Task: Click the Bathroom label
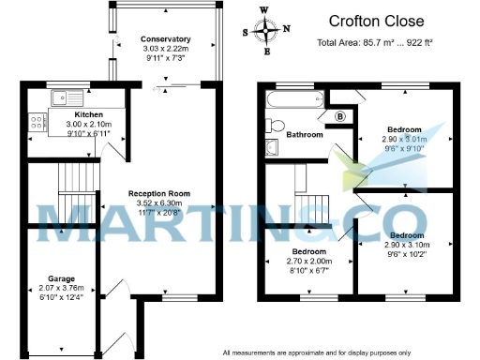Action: point(304,135)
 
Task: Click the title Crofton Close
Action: point(377,21)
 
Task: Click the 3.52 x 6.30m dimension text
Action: point(155,205)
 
